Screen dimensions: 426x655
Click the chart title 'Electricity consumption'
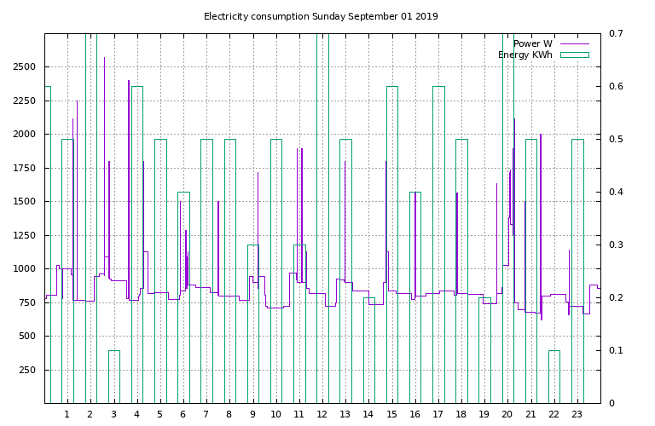(x=256, y=16)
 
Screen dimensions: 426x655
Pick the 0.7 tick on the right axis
(x=616, y=33)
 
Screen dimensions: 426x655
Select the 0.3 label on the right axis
(x=616, y=245)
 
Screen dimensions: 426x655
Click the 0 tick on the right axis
(x=612, y=403)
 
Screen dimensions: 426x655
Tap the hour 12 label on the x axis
(x=322, y=415)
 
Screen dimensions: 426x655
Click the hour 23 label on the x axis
(x=577, y=415)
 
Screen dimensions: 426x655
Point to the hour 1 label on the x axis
(x=67, y=415)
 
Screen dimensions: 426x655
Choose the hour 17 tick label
(x=438, y=415)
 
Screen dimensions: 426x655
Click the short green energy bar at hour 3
(x=113, y=376)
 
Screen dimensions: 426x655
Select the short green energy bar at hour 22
(x=554, y=376)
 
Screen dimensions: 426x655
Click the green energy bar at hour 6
(x=183, y=298)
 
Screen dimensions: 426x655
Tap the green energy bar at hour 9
(x=252, y=324)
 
